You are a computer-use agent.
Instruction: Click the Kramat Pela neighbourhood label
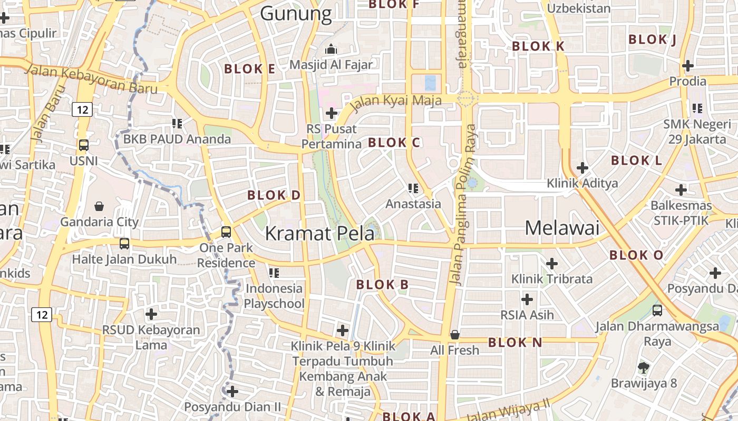pos(319,233)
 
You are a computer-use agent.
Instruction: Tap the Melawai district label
pos(562,227)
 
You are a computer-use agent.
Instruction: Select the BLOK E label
pos(250,69)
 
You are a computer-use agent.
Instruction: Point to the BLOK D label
pos(274,195)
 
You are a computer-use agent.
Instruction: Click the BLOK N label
pos(514,343)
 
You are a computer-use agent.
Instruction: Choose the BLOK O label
pos(636,255)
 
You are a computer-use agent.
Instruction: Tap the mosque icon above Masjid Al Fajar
pos(331,49)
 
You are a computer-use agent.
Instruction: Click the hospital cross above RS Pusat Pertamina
pos(332,113)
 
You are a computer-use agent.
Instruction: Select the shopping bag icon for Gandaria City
pos(99,206)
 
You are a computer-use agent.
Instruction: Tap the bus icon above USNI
pos(83,145)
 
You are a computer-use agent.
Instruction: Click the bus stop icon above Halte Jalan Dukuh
pos(124,243)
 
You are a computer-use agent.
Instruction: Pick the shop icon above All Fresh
pos(454,335)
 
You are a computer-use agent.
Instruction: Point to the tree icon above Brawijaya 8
pos(643,367)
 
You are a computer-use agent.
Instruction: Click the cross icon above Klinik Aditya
pos(582,168)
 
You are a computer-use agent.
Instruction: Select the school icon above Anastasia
pos(413,188)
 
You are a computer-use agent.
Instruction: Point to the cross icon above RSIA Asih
pos(527,299)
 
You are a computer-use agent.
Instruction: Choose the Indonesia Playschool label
pos(274,296)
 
